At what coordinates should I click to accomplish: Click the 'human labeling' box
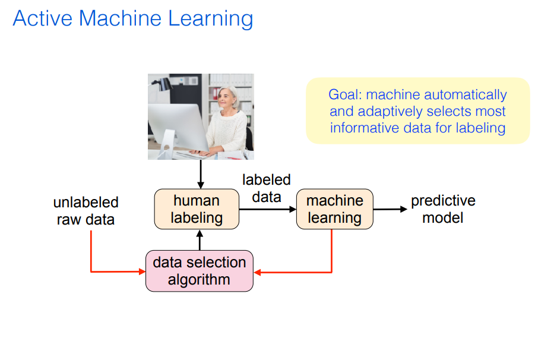point(196,209)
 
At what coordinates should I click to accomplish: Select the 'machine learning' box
point(334,209)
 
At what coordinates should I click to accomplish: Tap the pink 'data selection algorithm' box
point(199,271)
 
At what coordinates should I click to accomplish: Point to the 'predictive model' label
point(443,209)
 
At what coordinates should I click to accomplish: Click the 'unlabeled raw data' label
point(86,211)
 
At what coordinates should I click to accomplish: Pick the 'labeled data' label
point(266,188)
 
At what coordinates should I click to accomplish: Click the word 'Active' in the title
point(37,18)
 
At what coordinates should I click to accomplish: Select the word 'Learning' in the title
point(211,19)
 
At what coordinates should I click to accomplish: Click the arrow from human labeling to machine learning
point(267,209)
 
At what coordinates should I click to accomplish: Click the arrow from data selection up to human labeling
point(200,240)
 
